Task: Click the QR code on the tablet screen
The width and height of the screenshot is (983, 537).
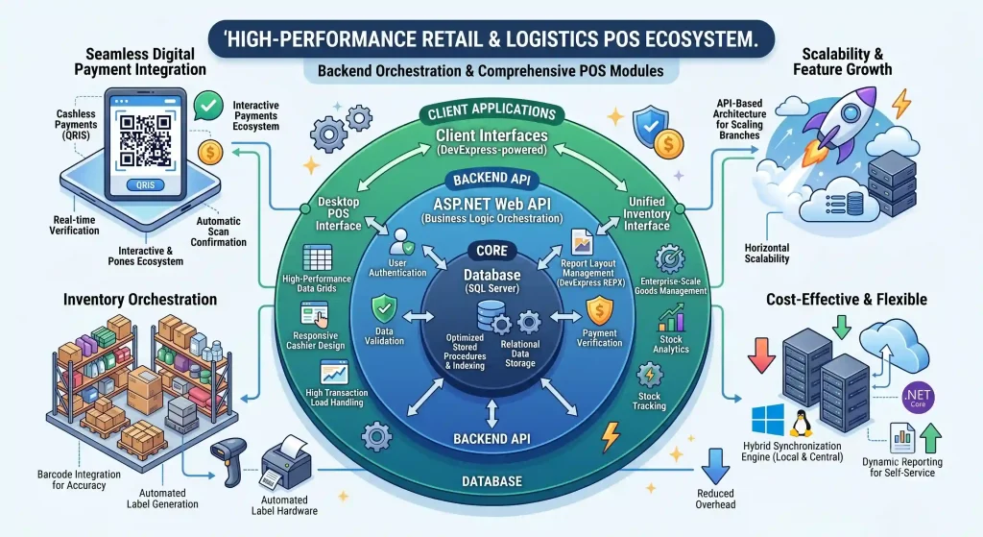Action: pyautogui.click(x=146, y=140)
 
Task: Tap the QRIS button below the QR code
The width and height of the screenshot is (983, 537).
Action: pyautogui.click(x=146, y=185)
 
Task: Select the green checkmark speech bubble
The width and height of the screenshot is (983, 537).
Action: pyautogui.click(x=208, y=106)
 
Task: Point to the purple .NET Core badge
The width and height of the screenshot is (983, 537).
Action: pyautogui.click(x=918, y=397)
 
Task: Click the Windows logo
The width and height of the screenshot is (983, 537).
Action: pyautogui.click(x=768, y=420)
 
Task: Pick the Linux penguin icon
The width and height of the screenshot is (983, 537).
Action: pyautogui.click(x=800, y=424)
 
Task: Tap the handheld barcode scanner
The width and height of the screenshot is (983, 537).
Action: pyautogui.click(x=228, y=461)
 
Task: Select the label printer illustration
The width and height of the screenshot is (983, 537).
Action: pyautogui.click(x=285, y=464)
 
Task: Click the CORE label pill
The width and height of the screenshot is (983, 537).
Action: pyautogui.click(x=492, y=251)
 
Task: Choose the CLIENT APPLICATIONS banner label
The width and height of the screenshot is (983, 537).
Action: pyautogui.click(x=492, y=111)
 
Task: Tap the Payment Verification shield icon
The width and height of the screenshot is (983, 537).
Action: pyautogui.click(x=600, y=311)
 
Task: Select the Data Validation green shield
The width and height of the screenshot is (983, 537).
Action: pyautogui.click(x=384, y=309)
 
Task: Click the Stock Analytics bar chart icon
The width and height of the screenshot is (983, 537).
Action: pyautogui.click(x=671, y=317)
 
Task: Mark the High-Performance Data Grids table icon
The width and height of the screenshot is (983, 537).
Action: pyautogui.click(x=317, y=257)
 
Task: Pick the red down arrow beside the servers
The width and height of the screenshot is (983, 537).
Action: pyautogui.click(x=761, y=355)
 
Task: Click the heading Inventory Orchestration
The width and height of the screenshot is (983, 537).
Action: pyautogui.click(x=140, y=299)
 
